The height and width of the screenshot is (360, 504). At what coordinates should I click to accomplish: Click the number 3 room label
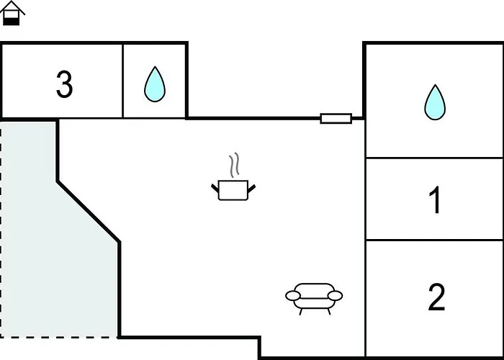click(x=65, y=85)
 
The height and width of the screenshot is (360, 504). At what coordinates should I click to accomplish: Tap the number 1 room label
click(x=435, y=201)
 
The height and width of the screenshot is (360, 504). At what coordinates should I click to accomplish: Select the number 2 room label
click(x=436, y=298)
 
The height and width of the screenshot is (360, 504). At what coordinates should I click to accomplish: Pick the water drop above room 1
click(x=434, y=102)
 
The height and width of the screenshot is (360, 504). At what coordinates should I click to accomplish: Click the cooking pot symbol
click(x=233, y=190)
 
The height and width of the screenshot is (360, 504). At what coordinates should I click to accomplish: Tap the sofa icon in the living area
click(x=314, y=296)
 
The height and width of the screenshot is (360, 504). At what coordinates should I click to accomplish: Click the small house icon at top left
click(x=12, y=13)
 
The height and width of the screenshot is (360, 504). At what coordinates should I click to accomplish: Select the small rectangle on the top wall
click(x=336, y=118)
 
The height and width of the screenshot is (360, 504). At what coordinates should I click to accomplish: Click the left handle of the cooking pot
click(x=215, y=188)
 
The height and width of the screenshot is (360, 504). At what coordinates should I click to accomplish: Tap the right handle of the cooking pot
click(x=251, y=188)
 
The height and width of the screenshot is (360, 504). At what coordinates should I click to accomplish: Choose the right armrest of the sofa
click(x=336, y=295)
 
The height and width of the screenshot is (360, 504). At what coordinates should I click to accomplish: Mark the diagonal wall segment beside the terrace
click(x=88, y=212)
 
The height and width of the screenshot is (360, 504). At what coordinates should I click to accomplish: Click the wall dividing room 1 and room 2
click(x=434, y=240)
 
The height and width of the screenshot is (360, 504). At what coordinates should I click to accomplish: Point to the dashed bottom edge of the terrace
click(x=58, y=337)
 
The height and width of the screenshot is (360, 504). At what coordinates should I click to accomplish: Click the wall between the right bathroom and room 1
click(x=434, y=157)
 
